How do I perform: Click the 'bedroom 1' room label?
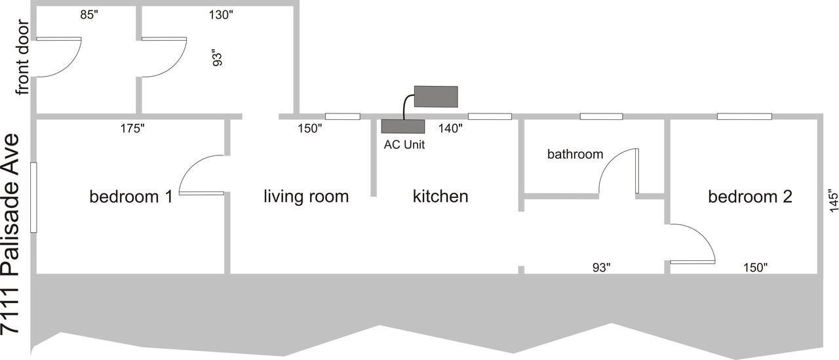(x=131, y=197)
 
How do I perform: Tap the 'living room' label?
(x=306, y=197)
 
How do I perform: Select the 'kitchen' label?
(x=440, y=196)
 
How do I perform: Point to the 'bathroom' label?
(x=575, y=154)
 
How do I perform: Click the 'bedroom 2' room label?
(x=751, y=197)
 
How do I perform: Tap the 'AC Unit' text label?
(x=404, y=145)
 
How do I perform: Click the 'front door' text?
(x=22, y=57)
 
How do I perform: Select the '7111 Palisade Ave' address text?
(x=10, y=233)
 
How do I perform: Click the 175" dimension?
(x=132, y=129)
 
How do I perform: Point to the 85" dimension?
(x=89, y=14)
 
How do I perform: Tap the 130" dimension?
(x=221, y=15)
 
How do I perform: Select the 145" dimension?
(x=833, y=201)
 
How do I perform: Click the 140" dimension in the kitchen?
(x=450, y=129)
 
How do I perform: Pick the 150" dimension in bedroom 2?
(x=755, y=268)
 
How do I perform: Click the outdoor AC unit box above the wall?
(x=436, y=96)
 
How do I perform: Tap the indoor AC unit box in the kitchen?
(x=403, y=127)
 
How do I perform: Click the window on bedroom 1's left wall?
(x=33, y=197)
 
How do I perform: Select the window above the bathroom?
(x=602, y=117)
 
